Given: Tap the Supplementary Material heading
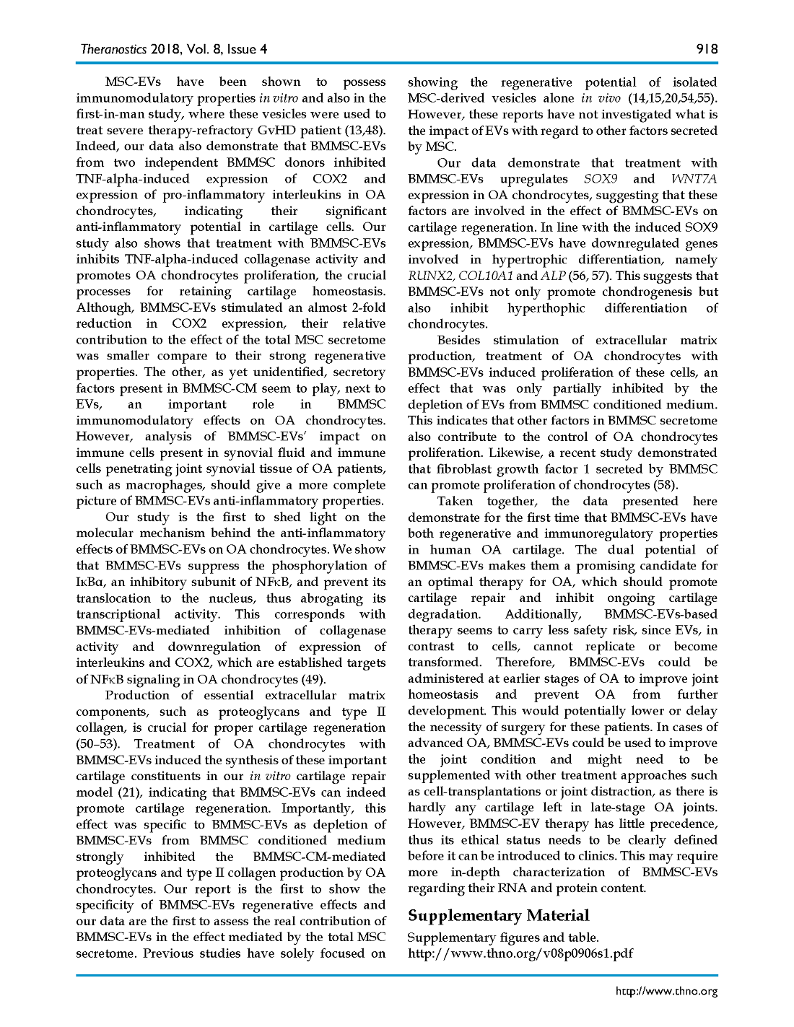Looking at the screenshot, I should point(498,916).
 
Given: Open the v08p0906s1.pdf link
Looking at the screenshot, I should point(520,953).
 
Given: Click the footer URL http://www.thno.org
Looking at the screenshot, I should point(666,991).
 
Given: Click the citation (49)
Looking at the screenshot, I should point(313,679).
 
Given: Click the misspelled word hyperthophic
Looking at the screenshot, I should point(546,308).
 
